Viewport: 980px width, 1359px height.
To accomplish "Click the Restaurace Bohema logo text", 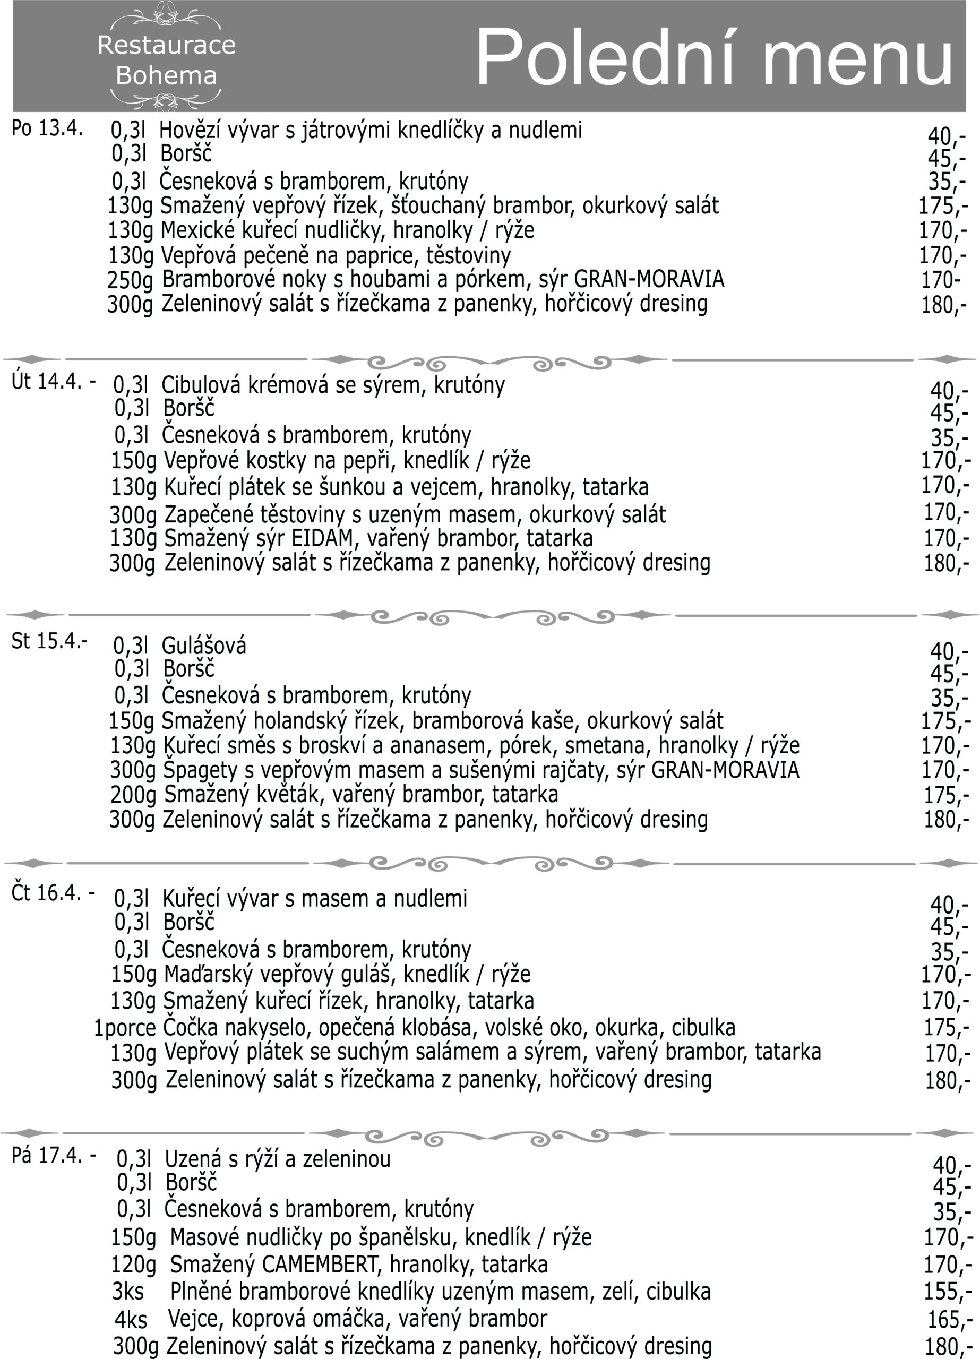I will tap(166, 60).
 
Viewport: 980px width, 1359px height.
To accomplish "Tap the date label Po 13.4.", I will tap(47, 128).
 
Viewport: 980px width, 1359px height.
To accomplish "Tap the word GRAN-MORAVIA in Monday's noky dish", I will tap(649, 279).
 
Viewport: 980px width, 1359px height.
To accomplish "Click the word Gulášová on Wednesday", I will tap(204, 646).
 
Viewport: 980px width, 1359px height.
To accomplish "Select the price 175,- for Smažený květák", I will tap(945, 795).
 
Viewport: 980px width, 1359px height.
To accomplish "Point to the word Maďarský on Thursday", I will tap(201, 974).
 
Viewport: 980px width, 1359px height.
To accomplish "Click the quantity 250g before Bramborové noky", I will tap(130, 280).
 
